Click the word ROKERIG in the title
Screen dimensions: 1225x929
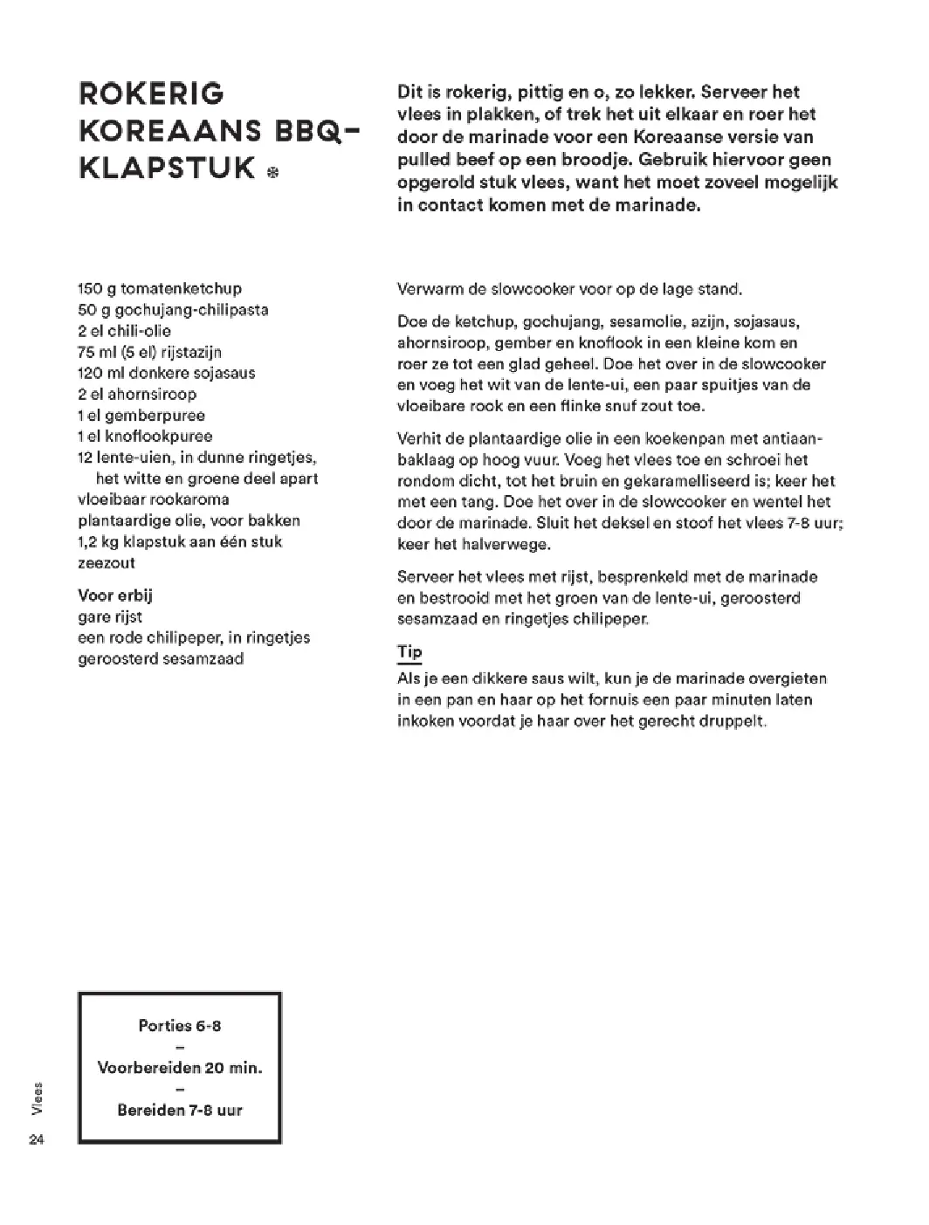click(x=152, y=93)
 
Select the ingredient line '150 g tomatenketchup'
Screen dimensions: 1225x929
click(x=160, y=289)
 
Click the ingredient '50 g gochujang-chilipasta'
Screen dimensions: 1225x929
click(x=173, y=310)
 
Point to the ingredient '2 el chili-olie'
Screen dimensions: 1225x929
click(x=125, y=331)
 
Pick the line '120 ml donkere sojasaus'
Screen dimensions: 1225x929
click(x=167, y=373)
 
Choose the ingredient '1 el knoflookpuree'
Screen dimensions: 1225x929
click(x=145, y=437)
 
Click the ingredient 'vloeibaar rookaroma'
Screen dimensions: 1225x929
click(x=154, y=499)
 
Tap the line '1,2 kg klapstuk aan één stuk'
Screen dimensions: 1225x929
click(x=180, y=542)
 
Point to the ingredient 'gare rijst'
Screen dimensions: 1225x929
click(x=111, y=616)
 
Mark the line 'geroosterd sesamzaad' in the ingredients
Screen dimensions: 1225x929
click(x=161, y=658)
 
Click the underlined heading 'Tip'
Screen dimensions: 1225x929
click(x=409, y=652)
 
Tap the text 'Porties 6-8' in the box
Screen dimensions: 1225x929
click(x=180, y=1026)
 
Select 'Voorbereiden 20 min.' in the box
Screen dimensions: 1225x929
click(x=180, y=1068)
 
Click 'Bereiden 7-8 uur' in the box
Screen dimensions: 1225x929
click(x=180, y=1111)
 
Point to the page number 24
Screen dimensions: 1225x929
click(x=36, y=1139)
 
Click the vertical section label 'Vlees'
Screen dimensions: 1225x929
click(x=37, y=1098)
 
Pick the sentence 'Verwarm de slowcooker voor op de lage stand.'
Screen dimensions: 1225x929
click(x=569, y=289)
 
